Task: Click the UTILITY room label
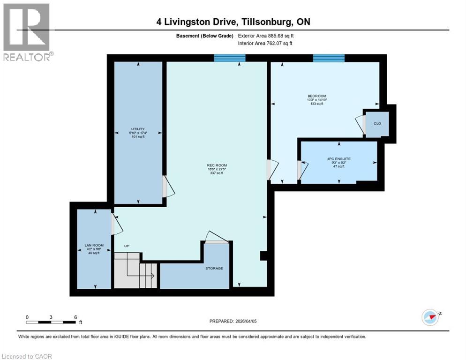[x=137, y=129]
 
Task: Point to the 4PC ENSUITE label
[x=338, y=159]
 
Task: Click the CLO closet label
[x=377, y=124]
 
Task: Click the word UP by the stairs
[x=127, y=246]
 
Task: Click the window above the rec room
[x=229, y=58]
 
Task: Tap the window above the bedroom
[x=329, y=58]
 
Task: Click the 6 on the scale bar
[x=75, y=317]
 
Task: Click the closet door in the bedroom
[x=360, y=124]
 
